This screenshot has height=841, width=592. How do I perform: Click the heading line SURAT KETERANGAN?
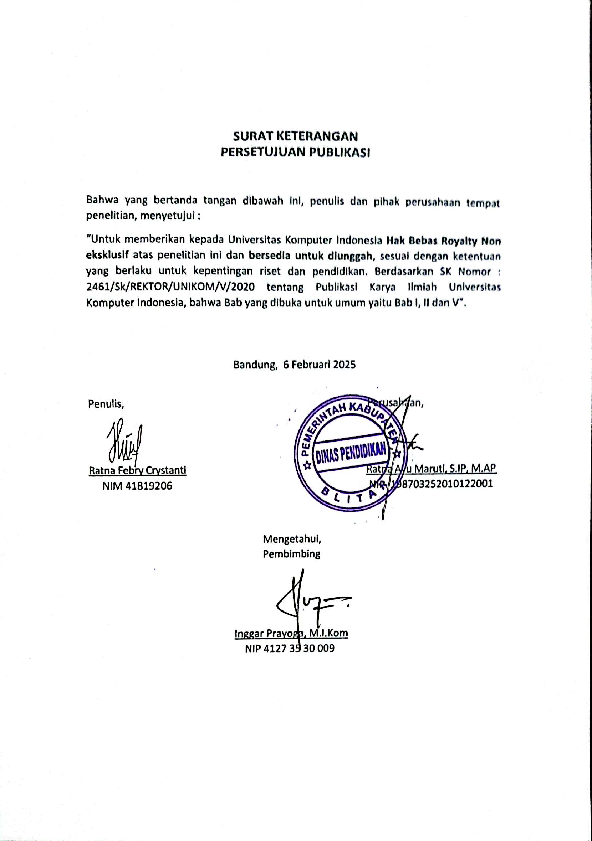[x=295, y=136]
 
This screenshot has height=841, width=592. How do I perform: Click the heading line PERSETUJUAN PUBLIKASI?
[x=295, y=153]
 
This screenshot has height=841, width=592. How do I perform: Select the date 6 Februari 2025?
[x=319, y=365]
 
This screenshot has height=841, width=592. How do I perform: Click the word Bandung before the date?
[x=254, y=365]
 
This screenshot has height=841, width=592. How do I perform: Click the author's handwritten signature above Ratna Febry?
[x=124, y=443]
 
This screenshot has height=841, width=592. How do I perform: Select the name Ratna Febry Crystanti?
[x=137, y=470]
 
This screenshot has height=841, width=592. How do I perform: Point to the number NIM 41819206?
[x=137, y=486]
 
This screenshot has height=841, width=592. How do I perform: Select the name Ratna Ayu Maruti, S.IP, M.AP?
[x=432, y=469]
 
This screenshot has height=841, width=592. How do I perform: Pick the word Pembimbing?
[x=291, y=554]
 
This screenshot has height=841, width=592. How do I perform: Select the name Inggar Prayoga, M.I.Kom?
[x=291, y=633]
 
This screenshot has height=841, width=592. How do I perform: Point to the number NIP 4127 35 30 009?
[x=290, y=649]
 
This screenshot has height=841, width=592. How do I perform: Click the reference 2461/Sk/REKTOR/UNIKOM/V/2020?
[x=170, y=287]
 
